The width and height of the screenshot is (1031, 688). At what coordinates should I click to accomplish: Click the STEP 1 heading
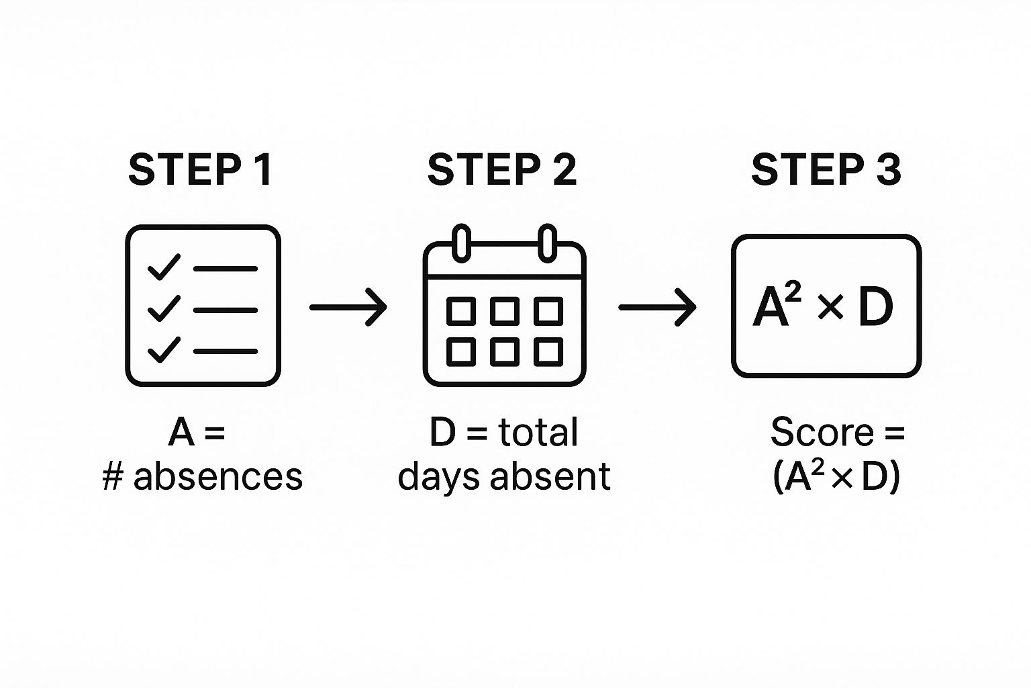200,169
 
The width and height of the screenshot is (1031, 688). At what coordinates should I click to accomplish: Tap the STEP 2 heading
501,169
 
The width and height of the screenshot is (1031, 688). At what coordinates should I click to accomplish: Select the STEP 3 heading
826,169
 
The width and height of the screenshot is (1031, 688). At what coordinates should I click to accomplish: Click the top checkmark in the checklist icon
164,267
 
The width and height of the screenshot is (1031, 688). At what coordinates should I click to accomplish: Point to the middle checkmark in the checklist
164,308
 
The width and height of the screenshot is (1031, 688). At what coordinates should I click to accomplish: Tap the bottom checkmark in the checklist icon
164,349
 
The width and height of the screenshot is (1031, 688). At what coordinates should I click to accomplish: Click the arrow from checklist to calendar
348,307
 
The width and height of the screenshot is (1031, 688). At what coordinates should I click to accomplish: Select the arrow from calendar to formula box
657,307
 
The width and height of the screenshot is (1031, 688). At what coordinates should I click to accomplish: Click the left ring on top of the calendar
462,243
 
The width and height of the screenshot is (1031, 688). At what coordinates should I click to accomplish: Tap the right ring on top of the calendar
548,243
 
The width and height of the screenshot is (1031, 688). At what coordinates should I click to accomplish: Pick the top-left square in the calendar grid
461,311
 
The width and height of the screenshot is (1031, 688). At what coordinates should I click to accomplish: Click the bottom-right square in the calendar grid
548,352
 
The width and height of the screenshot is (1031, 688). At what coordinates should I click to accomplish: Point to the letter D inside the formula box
875,307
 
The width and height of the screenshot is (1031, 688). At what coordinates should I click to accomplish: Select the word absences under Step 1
217,476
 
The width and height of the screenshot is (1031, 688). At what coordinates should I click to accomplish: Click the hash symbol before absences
113,477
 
